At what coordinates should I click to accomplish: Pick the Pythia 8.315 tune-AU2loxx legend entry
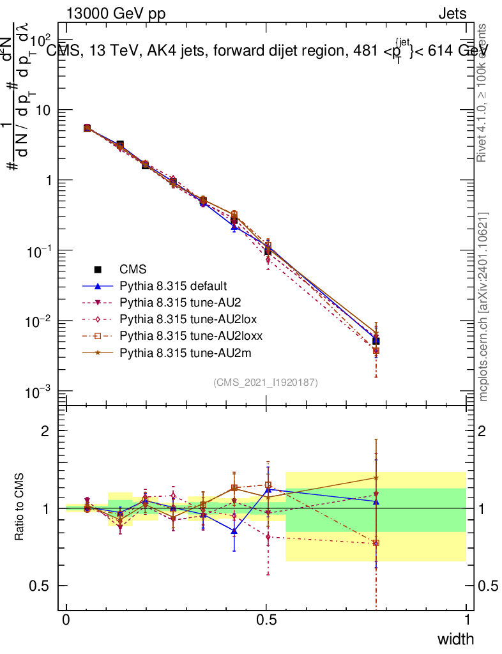click(x=183, y=335)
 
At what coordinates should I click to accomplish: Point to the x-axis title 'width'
click(x=455, y=639)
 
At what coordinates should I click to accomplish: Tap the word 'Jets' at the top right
click(x=452, y=13)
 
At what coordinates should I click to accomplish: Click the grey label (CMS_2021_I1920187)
click(x=266, y=382)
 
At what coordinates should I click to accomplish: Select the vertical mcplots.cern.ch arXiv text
click(x=483, y=307)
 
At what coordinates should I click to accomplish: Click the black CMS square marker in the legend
click(x=98, y=270)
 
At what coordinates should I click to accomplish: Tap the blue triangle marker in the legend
click(x=98, y=286)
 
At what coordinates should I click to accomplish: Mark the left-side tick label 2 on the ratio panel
click(x=45, y=430)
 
